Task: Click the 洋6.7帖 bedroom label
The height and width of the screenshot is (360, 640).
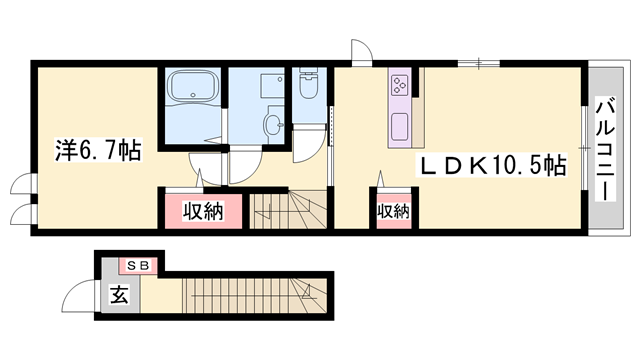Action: (x=96, y=151)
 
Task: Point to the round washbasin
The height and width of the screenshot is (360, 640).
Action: (x=274, y=125)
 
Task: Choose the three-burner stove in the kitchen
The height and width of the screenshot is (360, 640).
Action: (x=400, y=83)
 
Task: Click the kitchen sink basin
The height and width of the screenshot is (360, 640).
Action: (x=400, y=127)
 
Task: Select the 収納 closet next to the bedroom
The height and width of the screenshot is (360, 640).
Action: (x=201, y=211)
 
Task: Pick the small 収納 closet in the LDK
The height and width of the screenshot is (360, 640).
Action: (x=393, y=211)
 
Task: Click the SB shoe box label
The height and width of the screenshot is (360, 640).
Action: (x=138, y=265)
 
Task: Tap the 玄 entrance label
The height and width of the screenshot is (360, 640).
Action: (x=117, y=295)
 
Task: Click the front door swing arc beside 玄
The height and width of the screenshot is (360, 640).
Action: (x=77, y=297)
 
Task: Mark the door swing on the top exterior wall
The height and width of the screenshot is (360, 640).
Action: (x=361, y=52)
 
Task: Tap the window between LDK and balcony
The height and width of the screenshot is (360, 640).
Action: (x=586, y=146)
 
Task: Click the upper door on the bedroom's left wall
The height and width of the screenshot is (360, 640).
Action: (x=20, y=183)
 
